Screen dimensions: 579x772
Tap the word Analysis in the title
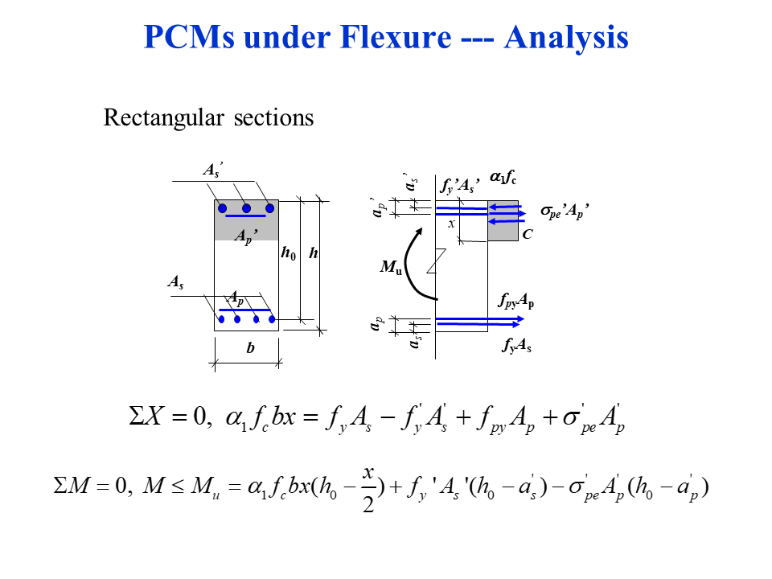[x=566, y=37]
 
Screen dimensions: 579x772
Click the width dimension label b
[x=250, y=349]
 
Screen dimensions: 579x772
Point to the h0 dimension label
[x=288, y=253]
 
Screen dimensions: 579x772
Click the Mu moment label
[x=391, y=267]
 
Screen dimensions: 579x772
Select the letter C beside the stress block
[x=527, y=235]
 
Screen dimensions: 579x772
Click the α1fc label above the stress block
[x=503, y=181]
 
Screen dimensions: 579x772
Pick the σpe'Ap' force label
[x=565, y=212]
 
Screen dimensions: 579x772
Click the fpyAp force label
[x=516, y=302]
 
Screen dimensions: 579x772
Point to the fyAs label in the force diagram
[x=516, y=346]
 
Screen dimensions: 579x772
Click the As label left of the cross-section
[x=175, y=282]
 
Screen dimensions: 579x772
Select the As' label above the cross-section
[x=212, y=170]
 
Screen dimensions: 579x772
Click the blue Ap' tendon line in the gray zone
[x=245, y=216]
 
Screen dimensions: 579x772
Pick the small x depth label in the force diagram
[x=451, y=224]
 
